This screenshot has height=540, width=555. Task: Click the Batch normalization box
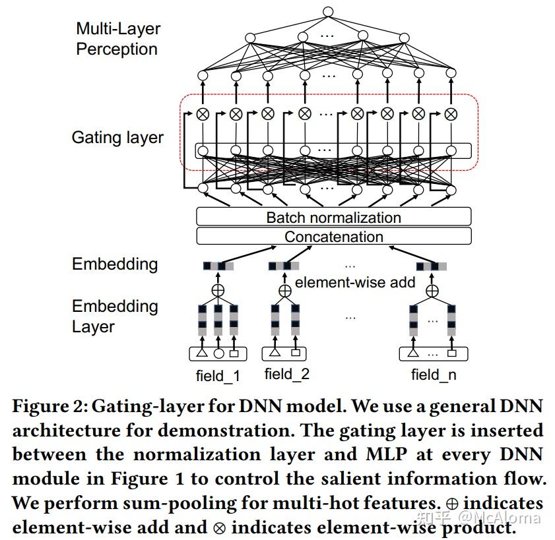pyautogui.click(x=333, y=217)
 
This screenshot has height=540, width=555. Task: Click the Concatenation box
pyautogui.click(x=333, y=237)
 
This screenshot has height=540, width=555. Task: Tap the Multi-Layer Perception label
pyautogui.click(x=117, y=39)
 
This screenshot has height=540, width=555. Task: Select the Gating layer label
pyautogui.click(x=117, y=138)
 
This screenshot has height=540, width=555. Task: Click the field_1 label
pyautogui.click(x=218, y=376)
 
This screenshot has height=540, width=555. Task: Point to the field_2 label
pyautogui.click(x=286, y=375)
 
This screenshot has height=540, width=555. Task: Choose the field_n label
pyautogui.click(x=433, y=375)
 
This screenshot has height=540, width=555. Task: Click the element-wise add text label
pyautogui.click(x=354, y=283)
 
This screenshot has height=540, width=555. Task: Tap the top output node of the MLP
pyautogui.click(x=328, y=11)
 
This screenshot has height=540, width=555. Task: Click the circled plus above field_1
pyautogui.click(x=218, y=290)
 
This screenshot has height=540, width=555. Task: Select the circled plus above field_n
pyautogui.click(x=432, y=290)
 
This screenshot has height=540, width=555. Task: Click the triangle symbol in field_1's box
pyautogui.click(x=202, y=353)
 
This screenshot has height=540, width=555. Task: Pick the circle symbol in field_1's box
pyautogui.click(x=218, y=354)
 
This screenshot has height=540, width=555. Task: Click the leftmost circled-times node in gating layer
pyautogui.click(x=203, y=114)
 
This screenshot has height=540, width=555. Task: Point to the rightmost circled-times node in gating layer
pyautogui.click(x=451, y=114)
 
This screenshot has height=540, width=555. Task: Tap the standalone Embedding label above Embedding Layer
pyautogui.click(x=115, y=264)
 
